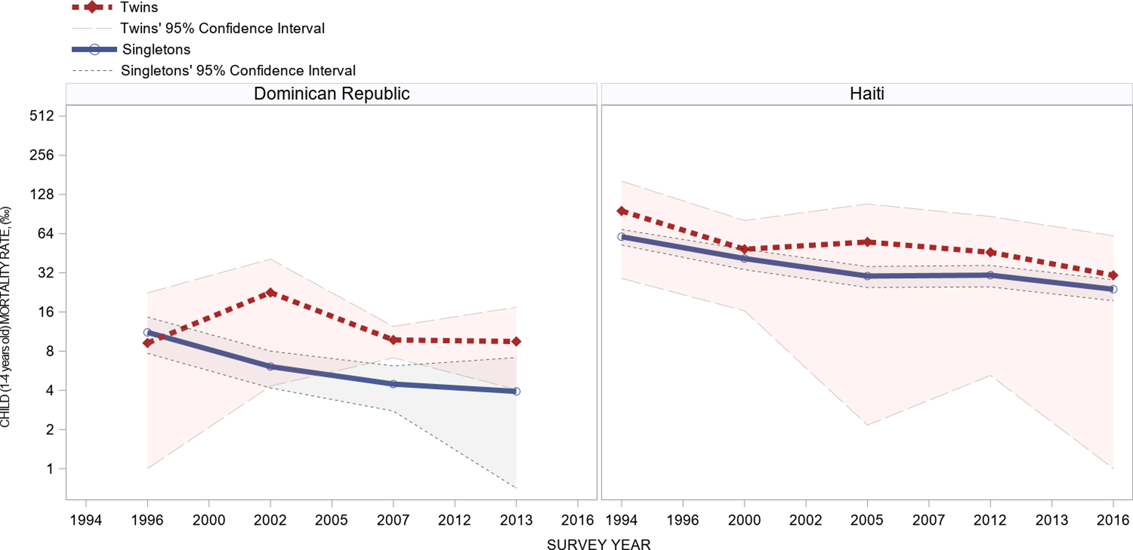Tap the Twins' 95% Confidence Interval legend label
pyautogui.click(x=222, y=28)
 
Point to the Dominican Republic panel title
pyautogui.click(x=332, y=94)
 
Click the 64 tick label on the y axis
pyautogui.click(x=46, y=233)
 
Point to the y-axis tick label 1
pyautogui.click(x=50, y=469)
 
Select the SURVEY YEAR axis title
pyautogui.click(x=599, y=544)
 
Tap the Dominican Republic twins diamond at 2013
pyautogui.click(x=516, y=341)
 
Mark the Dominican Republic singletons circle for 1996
pyautogui.click(x=147, y=332)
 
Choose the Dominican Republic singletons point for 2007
pyautogui.click(x=393, y=384)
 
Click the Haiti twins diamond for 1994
pyautogui.click(x=622, y=211)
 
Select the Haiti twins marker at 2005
pyautogui.click(x=867, y=242)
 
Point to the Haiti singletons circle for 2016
pyautogui.click(x=1113, y=289)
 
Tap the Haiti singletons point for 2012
pyautogui.click(x=990, y=275)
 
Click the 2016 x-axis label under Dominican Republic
pyautogui.click(x=577, y=520)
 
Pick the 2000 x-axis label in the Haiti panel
pyautogui.click(x=744, y=520)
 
